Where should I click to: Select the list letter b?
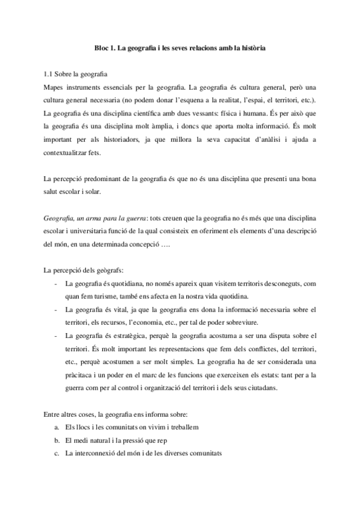click(56, 440)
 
